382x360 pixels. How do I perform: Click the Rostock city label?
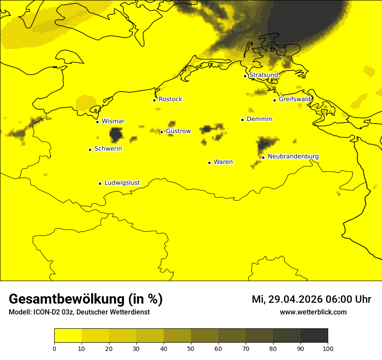click(x=170, y=99)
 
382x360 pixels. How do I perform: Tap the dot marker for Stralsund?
click(x=245, y=76)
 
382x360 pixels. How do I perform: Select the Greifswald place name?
click(x=295, y=99)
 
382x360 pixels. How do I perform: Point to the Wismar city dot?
click(x=97, y=122)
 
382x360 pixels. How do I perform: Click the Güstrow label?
click(x=178, y=131)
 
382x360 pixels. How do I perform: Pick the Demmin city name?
click(x=259, y=119)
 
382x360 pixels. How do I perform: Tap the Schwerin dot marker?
click(x=90, y=150)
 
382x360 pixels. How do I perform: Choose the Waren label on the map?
click(x=223, y=162)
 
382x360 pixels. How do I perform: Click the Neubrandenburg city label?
click(x=293, y=156)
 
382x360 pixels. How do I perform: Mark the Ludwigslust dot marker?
click(x=100, y=183)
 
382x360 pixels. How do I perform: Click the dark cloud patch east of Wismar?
click(x=116, y=134)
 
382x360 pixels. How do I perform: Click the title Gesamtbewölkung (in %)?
click(x=86, y=299)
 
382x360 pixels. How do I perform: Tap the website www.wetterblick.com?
click(x=313, y=312)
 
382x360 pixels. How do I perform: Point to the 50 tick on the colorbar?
click(x=191, y=348)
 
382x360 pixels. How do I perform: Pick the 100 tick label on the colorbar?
click(x=328, y=348)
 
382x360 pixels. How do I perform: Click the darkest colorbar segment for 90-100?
click(x=314, y=335)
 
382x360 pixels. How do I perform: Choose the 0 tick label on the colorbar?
click(x=54, y=348)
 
